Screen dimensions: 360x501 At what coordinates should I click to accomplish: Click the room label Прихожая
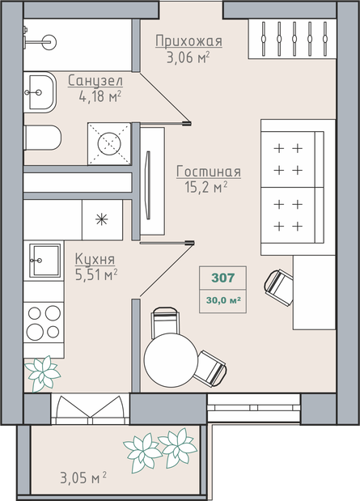(x=188, y=41)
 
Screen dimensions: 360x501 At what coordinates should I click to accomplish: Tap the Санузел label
(x=95, y=81)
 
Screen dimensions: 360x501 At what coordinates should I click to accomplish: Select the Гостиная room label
(x=209, y=172)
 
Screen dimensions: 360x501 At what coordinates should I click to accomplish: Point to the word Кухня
(x=95, y=260)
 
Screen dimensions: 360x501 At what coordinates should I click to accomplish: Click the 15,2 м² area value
(x=206, y=187)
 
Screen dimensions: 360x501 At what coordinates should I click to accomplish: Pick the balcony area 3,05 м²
(x=83, y=478)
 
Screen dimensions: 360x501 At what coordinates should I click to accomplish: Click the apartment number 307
(x=223, y=278)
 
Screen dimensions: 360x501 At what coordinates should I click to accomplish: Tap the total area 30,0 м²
(x=223, y=300)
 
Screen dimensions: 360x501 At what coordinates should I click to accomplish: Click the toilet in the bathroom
(x=43, y=138)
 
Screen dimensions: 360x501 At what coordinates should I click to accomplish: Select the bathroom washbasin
(x=40, y=92)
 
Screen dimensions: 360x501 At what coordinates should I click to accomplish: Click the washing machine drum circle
(x=109, y=144)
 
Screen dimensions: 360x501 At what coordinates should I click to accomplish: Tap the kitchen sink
(x=44, y=261)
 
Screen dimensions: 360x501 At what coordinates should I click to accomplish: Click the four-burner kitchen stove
(x=44, y=322)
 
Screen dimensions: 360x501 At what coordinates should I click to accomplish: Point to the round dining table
(x=171, y=360)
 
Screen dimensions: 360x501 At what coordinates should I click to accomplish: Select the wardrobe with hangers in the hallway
(x=292, y=39)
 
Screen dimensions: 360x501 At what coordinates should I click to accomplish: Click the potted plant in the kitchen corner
(x=43, y=373)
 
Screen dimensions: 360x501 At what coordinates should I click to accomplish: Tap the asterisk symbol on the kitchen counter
(x=102, y=219)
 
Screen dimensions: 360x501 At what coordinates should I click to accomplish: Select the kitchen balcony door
(x=90, y=409)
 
